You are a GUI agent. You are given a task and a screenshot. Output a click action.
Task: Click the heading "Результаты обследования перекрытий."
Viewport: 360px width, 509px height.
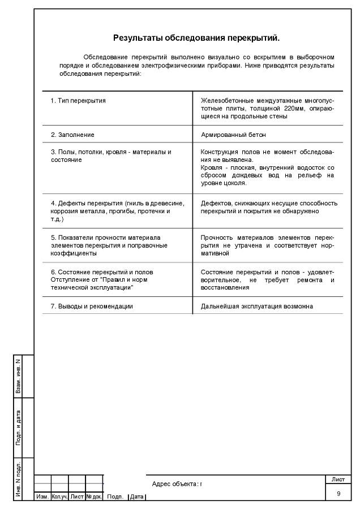pos(196,38)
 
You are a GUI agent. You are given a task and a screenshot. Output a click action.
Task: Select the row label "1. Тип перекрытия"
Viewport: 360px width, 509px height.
pos(78,100)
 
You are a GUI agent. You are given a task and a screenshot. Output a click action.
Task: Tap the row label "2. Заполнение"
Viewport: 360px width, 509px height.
pos(72,135)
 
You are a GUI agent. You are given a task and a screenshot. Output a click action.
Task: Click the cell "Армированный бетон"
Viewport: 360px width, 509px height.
pos(233,135)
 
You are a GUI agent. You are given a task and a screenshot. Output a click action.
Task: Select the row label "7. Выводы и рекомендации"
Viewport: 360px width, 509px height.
pos(92,306)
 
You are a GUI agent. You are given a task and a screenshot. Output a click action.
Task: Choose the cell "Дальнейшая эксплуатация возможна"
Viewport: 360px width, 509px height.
pos(257,306)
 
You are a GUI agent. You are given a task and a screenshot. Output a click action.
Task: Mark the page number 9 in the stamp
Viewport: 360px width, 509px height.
pos(338,494)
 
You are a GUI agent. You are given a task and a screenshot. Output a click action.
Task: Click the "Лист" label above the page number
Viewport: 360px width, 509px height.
pos(338,480)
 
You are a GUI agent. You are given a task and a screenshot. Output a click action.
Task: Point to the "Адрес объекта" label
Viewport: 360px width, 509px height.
pos(175,484)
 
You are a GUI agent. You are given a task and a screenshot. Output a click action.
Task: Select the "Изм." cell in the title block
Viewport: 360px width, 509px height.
pos(42,497)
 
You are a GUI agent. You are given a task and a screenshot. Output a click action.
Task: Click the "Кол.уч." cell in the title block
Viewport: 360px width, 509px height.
pos(59,497)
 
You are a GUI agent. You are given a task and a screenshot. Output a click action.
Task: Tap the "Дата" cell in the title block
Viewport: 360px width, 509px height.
pos(137,497)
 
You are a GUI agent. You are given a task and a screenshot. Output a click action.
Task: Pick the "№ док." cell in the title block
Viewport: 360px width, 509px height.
pos(94,497)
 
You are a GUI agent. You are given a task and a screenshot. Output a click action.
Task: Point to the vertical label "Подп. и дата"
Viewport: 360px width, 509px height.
pos(18,428)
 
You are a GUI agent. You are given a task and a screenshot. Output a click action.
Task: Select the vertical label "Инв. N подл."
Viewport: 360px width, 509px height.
pos(18,480)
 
